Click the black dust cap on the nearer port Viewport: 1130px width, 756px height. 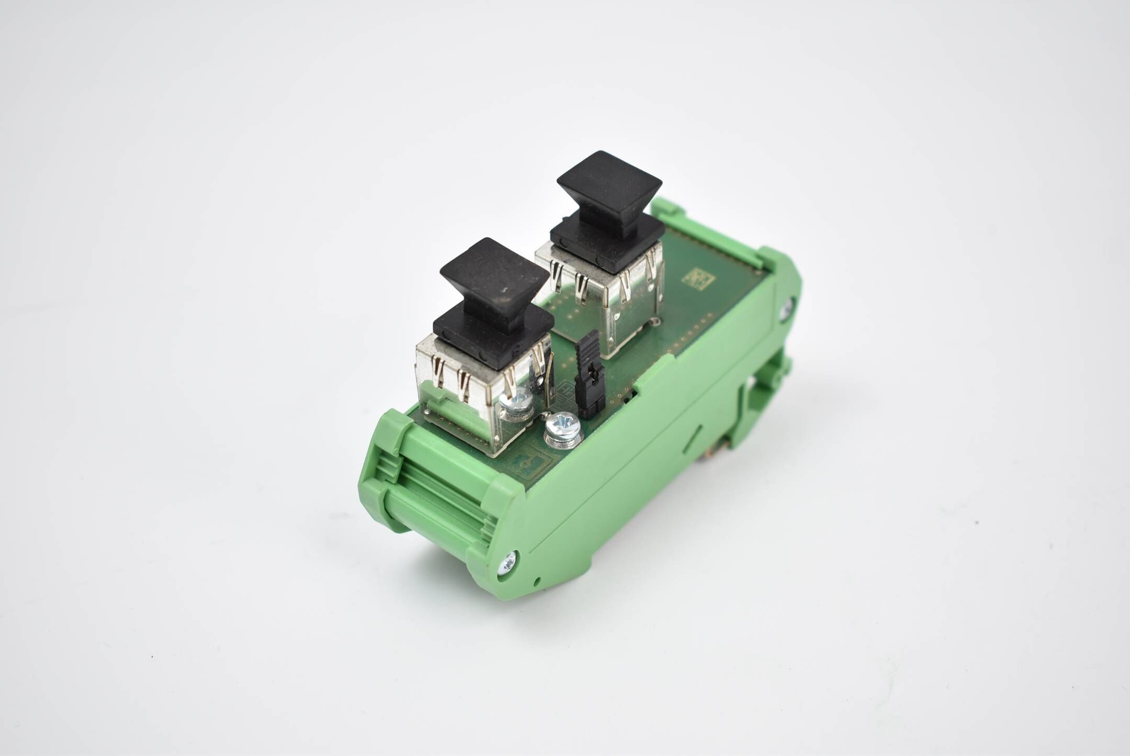(x=494, y=293)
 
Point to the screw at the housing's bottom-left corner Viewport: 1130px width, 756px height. (x=508, y=564)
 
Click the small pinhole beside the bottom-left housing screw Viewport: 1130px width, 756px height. (x=537, y=581)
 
